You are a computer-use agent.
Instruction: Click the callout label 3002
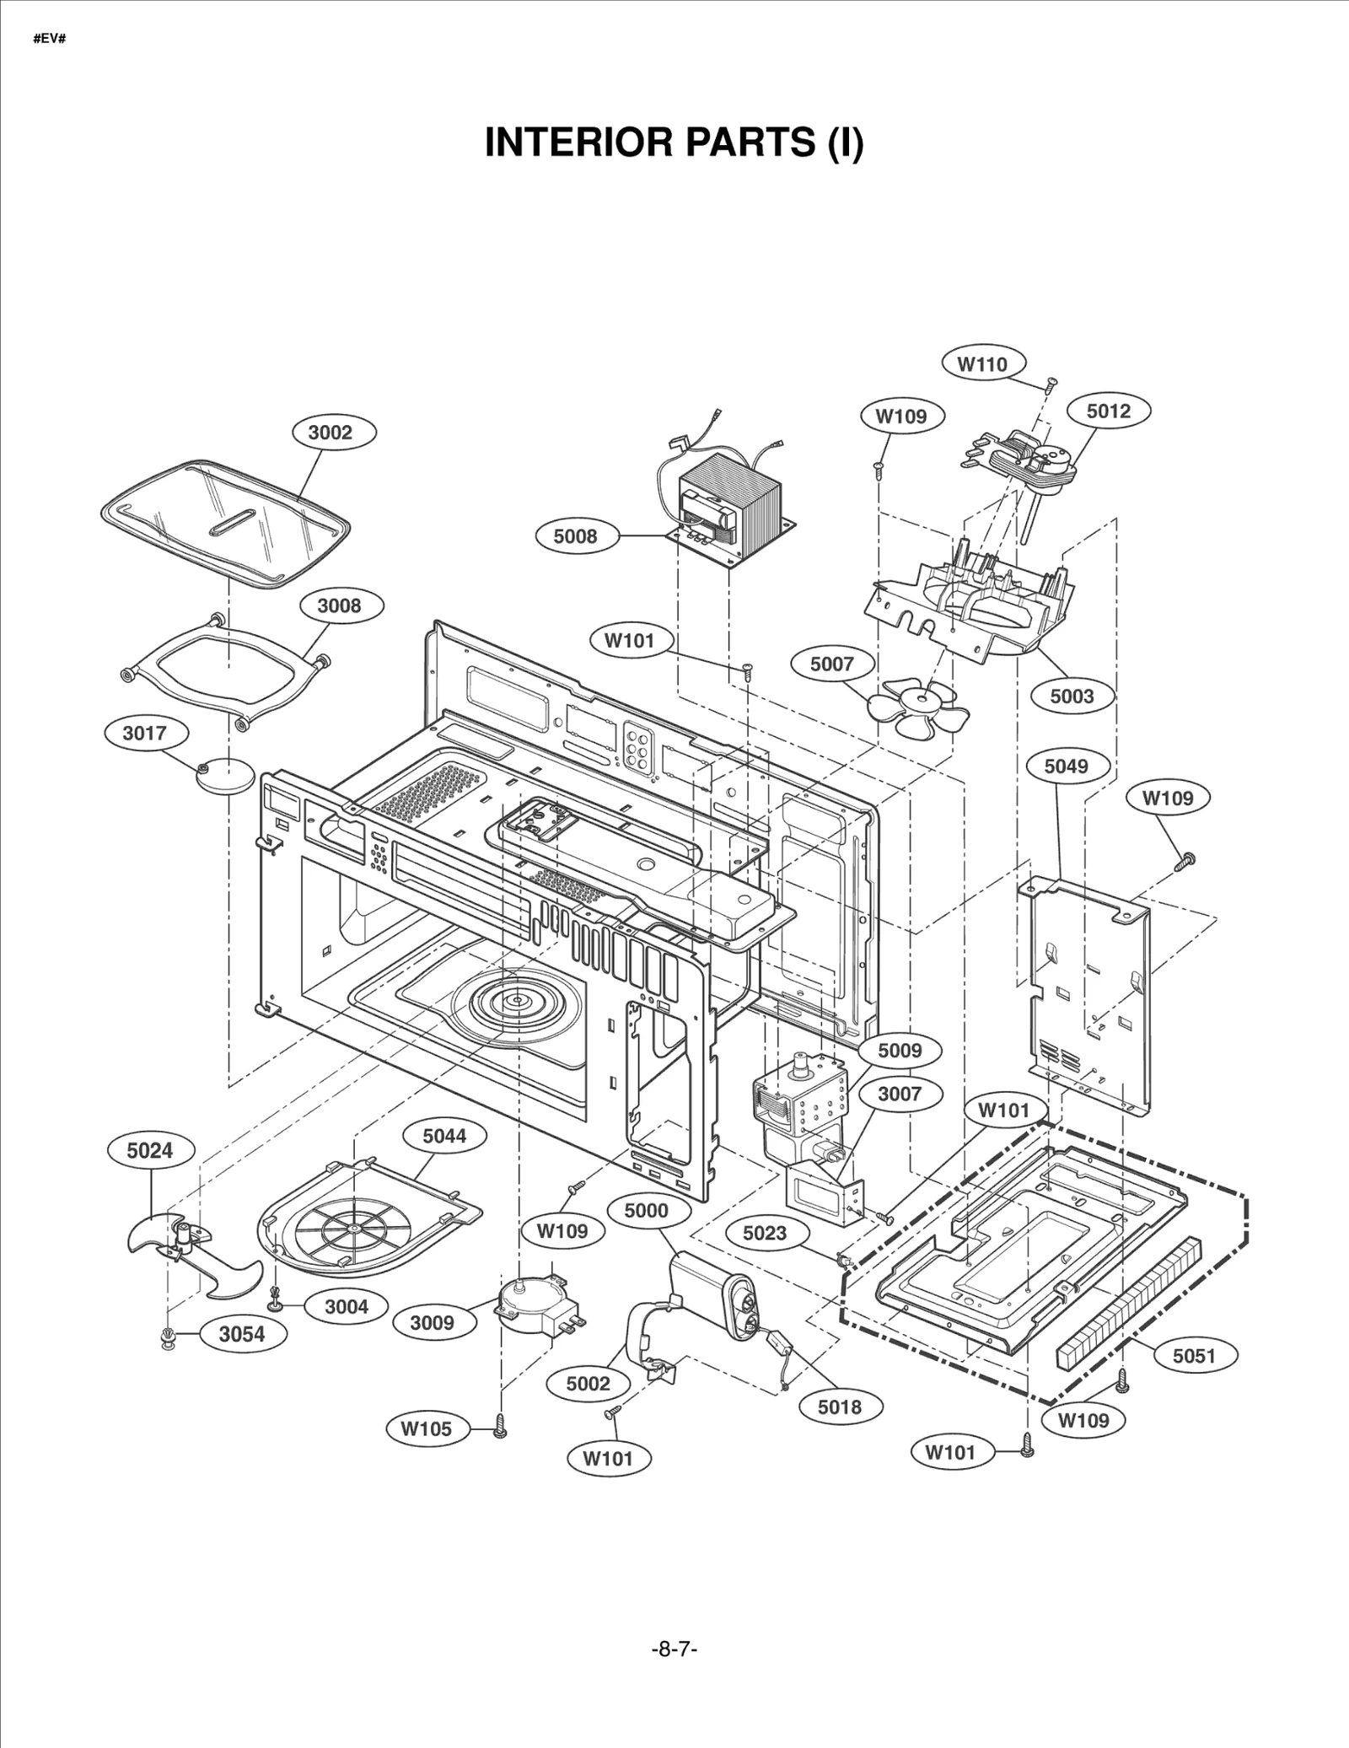click(x=330, y=433)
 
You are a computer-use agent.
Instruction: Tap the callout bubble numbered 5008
click(x=575, y=536)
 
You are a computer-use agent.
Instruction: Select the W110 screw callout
click(x=982, y=364)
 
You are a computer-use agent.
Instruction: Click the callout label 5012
click(x=1108, y=411)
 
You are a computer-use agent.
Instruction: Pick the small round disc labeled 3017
click(x=226, y=774)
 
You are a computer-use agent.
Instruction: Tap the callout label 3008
click(x=339, y=605)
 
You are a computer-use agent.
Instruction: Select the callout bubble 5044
click(x=444, y=1136)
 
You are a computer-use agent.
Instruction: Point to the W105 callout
click(x=426, y=1428)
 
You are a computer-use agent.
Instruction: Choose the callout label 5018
click(x=840, y=1406)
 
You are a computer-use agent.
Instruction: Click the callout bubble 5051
click(x=1194, y=1355)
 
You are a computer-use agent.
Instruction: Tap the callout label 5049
click(x=1066, y=766)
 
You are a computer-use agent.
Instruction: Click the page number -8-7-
click(x=674, y=1648)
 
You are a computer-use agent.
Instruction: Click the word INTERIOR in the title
click(x=578, y=143)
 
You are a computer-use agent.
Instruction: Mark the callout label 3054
click(x=242, y=1334)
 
